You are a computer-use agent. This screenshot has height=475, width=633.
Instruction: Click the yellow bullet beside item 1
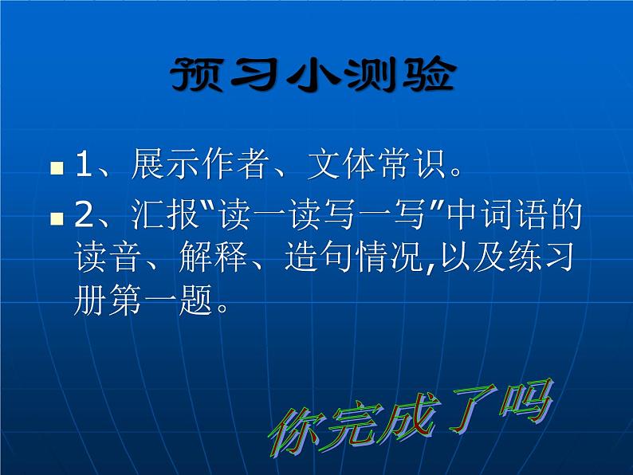click(x=57, y=169)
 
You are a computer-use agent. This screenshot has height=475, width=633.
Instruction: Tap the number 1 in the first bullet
click(x=84, y=166)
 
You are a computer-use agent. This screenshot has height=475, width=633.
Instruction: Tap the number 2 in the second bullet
click(x=84, y=216)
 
